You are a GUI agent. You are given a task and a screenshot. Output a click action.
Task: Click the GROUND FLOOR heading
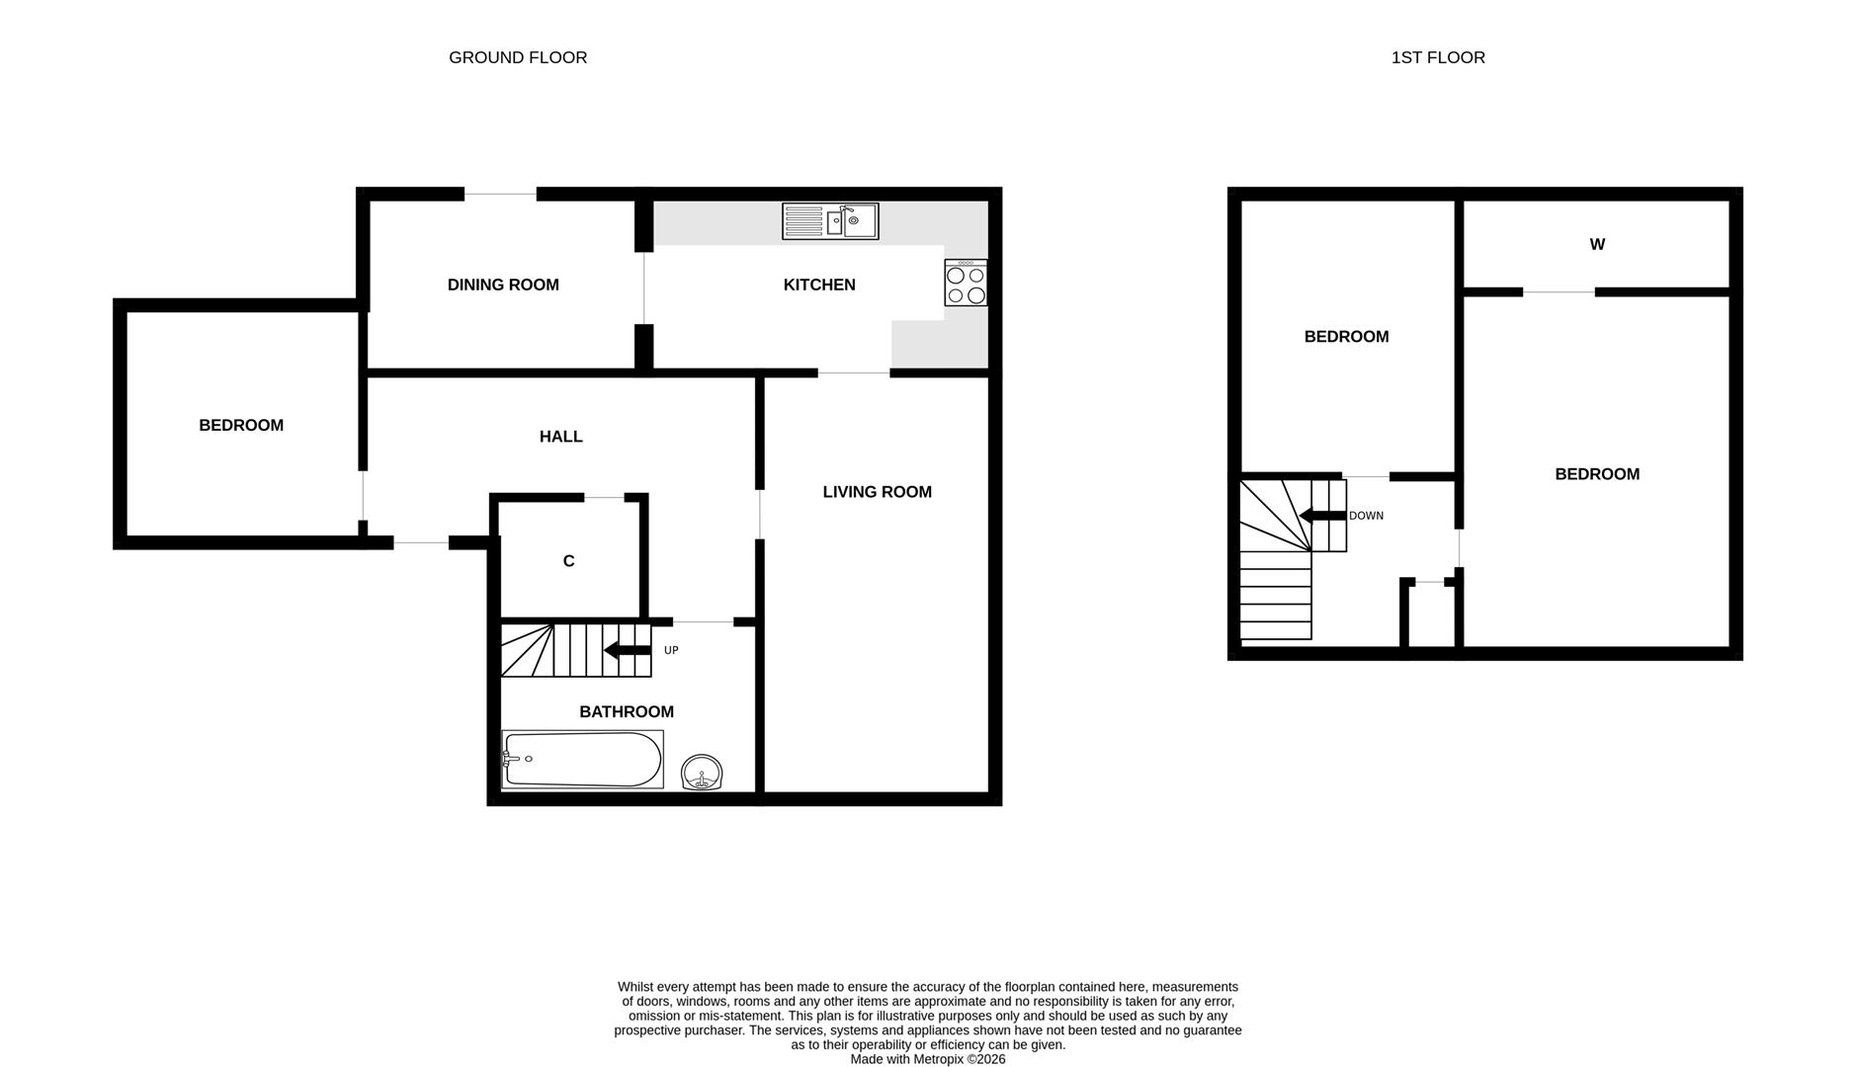click(518, 57)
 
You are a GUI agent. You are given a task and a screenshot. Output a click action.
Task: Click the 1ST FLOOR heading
click(1438, 57)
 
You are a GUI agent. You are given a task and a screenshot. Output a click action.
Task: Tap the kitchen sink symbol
click(830, 221)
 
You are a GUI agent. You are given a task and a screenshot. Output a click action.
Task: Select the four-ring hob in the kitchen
click(966, 283)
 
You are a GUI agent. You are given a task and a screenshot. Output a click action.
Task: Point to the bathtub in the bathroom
click(582, 759)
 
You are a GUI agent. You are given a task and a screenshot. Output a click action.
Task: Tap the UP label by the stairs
click(671, 650)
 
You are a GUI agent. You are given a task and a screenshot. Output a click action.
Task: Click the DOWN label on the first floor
click(1366, 516)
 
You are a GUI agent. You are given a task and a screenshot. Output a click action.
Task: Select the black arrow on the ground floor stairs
click(627, 650)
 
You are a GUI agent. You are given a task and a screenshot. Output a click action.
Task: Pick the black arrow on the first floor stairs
click(1322, 516)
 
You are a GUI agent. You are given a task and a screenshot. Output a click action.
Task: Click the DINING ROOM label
click(503, 285)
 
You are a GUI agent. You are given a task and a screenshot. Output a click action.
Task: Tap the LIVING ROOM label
click(878, 492)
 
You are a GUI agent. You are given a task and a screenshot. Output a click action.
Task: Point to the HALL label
click(560, 437)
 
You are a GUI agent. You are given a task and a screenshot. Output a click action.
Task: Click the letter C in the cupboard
click(568, 561)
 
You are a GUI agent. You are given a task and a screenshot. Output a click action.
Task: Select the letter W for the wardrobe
click(1597, 244)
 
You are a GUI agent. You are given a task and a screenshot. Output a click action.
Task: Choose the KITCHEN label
click(819, 285)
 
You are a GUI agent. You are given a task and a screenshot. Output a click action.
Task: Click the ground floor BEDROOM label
click(241, 425)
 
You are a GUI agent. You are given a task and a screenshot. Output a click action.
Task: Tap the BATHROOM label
click(627, 711)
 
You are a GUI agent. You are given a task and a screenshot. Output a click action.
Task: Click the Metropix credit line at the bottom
click(928, 1059)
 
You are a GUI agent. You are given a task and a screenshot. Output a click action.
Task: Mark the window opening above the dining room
click(501, 194)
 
